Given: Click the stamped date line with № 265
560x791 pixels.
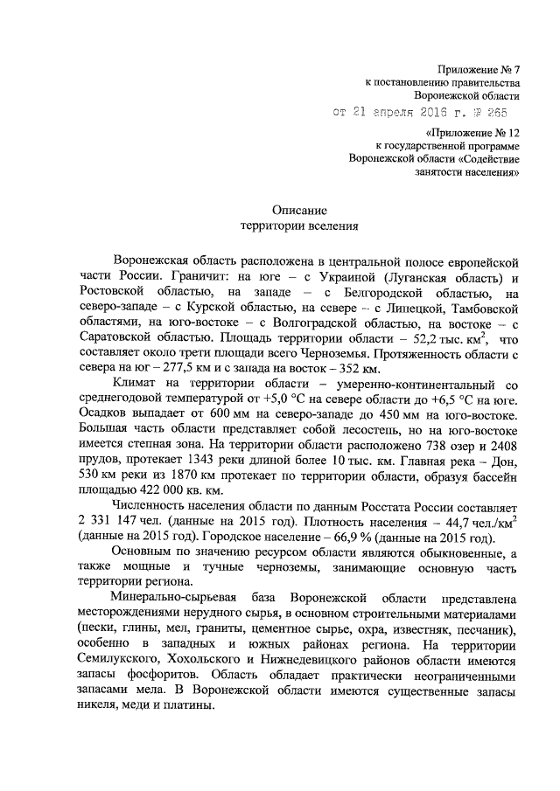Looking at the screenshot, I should tap(419, 112).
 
